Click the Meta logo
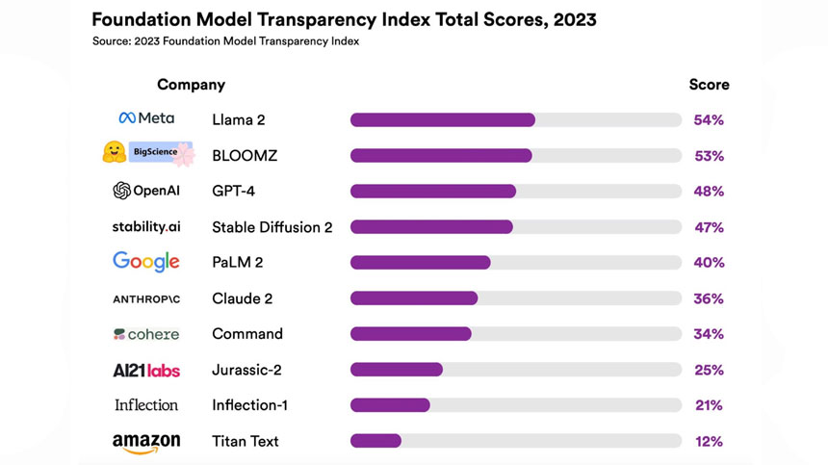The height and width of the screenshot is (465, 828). [146, 118]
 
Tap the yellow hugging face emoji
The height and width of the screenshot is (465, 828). [115, 152]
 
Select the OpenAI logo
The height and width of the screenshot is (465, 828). [146, 191]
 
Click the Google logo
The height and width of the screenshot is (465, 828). [146, 261]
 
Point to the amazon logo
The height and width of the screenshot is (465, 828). [146, 442]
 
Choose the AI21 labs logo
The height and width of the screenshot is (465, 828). [146, 371]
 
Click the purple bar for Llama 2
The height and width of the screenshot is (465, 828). [442, 120]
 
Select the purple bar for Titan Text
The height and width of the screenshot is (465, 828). [375, 441]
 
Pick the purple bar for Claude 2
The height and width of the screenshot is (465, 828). [414, 298]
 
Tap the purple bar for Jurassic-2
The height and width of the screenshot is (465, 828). [396, 370]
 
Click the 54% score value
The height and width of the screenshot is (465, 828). [709, 120]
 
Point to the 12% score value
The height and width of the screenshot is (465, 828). [709, 441]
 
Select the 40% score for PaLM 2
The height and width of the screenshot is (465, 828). [709, 263]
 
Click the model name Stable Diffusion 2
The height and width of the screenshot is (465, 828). [272, 227]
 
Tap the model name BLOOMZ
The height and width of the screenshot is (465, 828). [245, 156]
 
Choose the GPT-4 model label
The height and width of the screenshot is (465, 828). [233, 192]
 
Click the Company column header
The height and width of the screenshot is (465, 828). [191, 85]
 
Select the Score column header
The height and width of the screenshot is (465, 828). [709, 85]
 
